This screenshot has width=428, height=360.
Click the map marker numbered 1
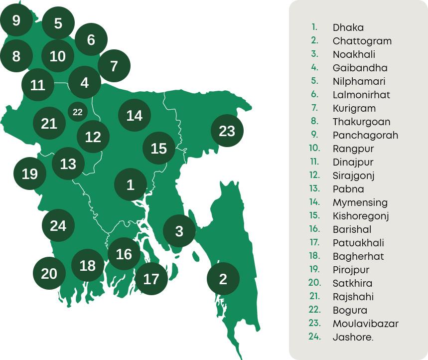tap(131, 185)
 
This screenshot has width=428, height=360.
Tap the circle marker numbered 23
tap(227, 131)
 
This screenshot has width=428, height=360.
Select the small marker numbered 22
tap(77, 112)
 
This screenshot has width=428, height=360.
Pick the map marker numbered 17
tap(151, 279)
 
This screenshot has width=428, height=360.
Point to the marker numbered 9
tap(16, 20)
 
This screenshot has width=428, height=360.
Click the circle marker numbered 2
tap(223, 279)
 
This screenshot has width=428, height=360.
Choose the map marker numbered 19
tap(30, 174)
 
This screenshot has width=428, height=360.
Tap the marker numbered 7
tap(114, 66)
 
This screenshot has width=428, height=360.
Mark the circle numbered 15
tap(158, 148)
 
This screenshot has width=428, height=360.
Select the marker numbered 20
tap(49, 273)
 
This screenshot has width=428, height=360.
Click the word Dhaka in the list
tap(348, 27)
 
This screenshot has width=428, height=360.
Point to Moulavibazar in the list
tap(365, 324)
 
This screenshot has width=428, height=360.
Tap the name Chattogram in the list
tap(362, 41)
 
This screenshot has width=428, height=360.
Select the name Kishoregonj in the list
tap(360, 216)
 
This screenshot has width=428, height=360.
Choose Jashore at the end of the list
tap(352, 337)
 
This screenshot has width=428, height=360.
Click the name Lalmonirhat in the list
tap(361, 95)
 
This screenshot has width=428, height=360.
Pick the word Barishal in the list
tap(352, 229)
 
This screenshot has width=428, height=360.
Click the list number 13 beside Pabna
tap(314, 188)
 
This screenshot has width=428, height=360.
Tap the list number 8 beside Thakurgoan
tap(314, 121)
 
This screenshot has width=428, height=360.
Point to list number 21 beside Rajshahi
tap(314, 296)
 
